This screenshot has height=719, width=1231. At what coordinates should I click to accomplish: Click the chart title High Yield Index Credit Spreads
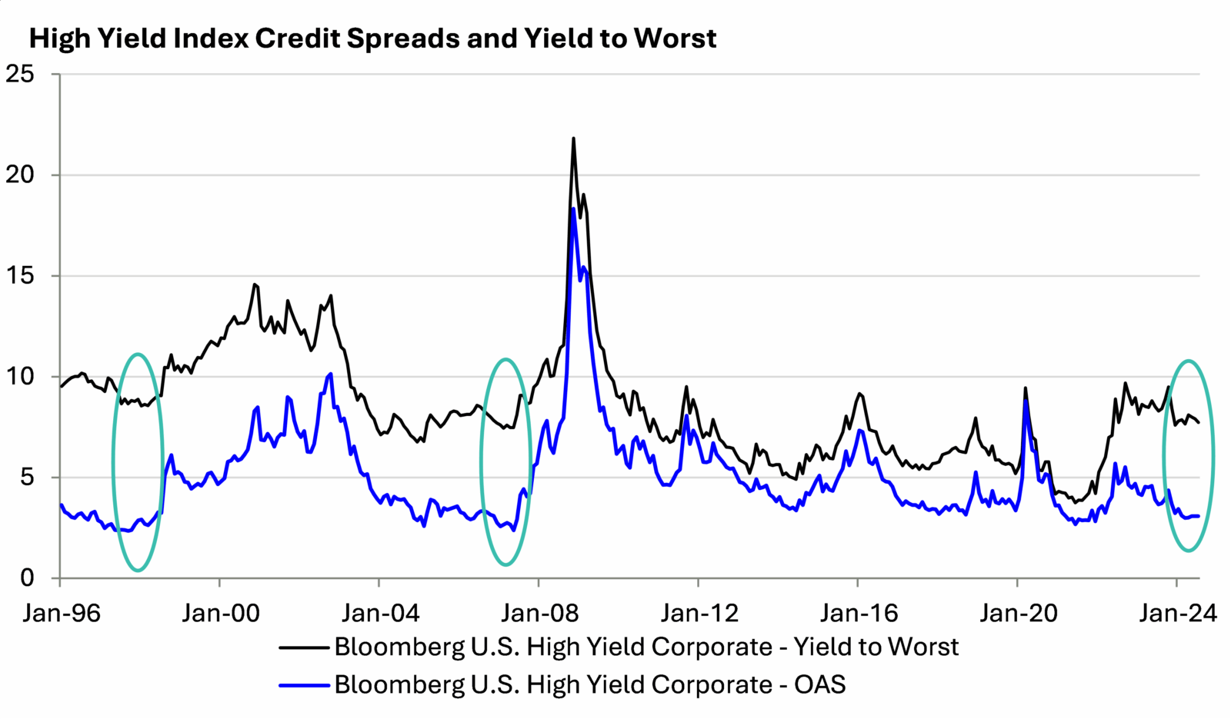372,38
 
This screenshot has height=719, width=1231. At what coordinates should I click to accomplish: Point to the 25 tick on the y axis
20,74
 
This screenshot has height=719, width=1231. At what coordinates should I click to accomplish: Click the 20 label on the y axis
20,175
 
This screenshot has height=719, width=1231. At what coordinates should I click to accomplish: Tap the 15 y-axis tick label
20,275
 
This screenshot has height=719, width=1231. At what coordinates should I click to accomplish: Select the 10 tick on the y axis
20,376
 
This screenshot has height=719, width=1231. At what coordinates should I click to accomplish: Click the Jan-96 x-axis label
62,613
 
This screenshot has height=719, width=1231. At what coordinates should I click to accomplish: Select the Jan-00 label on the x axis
221,613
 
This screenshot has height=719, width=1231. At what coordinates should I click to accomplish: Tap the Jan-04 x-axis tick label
380,613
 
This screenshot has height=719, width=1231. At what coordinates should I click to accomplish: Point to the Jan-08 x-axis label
539,613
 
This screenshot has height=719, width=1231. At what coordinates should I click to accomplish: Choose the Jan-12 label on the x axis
699,613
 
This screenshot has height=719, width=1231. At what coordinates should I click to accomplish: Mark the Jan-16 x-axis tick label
859,613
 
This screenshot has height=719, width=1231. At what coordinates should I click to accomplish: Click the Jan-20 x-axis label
1018,613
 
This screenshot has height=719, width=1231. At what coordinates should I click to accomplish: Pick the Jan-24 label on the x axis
1177,613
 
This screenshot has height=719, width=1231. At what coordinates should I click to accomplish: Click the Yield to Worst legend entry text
646,647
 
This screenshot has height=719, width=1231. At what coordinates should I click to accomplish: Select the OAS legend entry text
589,684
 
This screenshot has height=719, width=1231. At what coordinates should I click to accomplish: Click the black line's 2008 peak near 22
573,138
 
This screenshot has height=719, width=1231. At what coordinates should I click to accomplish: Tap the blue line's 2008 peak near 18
573,209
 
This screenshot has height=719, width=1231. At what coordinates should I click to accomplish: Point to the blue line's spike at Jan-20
1026,401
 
